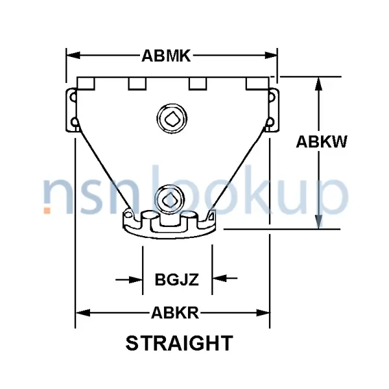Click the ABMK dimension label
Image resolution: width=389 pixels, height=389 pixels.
point(166,56)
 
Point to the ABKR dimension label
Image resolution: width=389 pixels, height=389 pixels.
point(174,314)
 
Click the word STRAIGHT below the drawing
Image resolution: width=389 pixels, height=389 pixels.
point(178,342)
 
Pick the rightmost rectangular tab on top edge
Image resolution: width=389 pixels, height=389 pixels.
point(257,84)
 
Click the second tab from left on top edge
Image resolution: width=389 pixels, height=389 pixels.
point(137,84)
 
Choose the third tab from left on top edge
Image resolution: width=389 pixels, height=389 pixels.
point(198,84)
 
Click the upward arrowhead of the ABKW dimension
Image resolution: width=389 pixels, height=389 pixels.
point(318,82)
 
